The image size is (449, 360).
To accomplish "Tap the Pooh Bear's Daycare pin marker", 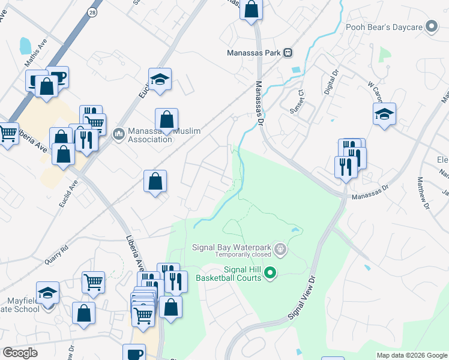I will (431, 26).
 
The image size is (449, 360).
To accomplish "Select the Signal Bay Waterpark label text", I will (231, 247).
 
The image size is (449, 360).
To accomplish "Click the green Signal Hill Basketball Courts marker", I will (270, 273).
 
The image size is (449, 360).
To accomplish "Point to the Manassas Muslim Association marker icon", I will (119, 132).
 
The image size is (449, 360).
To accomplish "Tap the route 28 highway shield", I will (92, 12).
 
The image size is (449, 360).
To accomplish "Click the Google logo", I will (20, 353).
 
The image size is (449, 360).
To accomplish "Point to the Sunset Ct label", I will (300, 99).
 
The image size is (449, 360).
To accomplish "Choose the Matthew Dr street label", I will (423, 193).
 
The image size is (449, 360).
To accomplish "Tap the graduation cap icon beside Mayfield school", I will (48, 293).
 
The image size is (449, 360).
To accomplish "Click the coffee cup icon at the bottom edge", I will (134, 353).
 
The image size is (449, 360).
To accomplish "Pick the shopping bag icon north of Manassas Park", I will (252, 10).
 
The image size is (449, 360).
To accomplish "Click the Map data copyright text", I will (411, 355).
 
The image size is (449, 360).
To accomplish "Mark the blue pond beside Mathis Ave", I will (25, 46).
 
